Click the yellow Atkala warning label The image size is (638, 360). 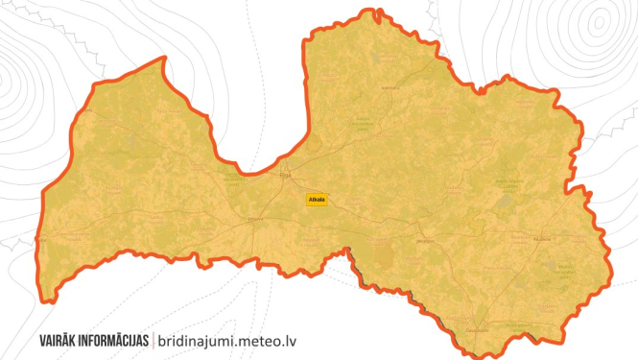[x=316, y=200]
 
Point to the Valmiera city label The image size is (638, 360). [x=390, y=87]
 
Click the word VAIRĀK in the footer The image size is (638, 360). [x=65, y=340]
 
